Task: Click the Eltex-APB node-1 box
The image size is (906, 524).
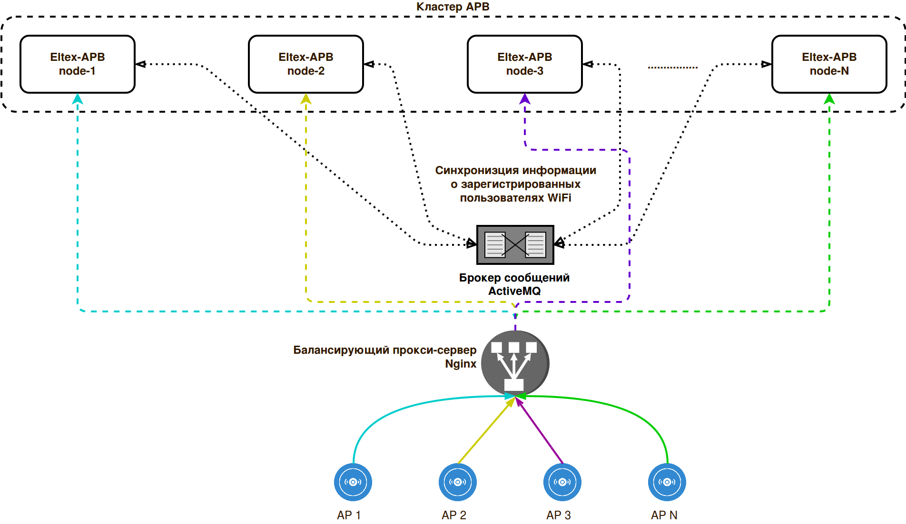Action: pos(78,64)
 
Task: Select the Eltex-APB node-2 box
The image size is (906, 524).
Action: pos(306,64)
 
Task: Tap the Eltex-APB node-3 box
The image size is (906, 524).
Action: pos(525,64)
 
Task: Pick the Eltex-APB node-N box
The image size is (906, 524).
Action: pos(829,64)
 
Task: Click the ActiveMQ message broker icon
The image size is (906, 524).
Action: pos(515,245)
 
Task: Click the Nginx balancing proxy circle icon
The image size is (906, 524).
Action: pos(515,363)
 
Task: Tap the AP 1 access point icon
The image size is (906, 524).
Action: pos(353,482)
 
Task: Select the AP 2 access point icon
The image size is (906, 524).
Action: pos(458,482)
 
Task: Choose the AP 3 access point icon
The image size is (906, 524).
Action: pos(562,482)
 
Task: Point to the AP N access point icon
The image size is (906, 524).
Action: pos(667,482)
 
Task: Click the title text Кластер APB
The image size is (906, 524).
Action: pos(453,7)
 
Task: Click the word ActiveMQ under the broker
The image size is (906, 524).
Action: pos(514,291)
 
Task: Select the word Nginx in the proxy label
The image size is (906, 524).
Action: pos(461,364)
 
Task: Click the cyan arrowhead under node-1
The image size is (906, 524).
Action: pos(78,99)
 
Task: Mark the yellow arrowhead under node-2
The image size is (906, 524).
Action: pos(306,99)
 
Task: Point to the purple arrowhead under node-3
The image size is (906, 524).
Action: pos(525,99)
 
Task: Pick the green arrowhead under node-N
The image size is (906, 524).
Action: pos(829,99)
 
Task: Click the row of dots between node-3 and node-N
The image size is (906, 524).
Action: pos(672,68)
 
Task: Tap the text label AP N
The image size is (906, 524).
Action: pos(664,515)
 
